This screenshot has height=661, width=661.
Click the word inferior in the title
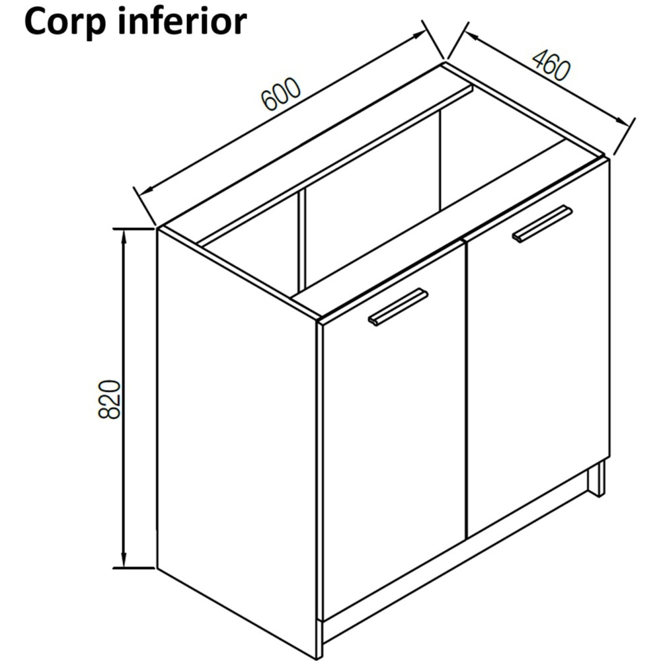pyautogui.click(x=184, y=22)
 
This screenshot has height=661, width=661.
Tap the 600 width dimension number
pyautogui.click(x=282, y=95)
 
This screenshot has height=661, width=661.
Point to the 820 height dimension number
pyautogui.click(x=110, y=399)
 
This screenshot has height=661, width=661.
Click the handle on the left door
pyautogui.click(x=398, y=307)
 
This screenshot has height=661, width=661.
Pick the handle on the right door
pyautogui.click(x=542, y=224)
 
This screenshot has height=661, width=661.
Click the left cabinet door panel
pyautogui.click(x=393, y=449)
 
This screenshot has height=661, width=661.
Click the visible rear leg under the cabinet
pyautogui.click(x=597, y=478)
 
